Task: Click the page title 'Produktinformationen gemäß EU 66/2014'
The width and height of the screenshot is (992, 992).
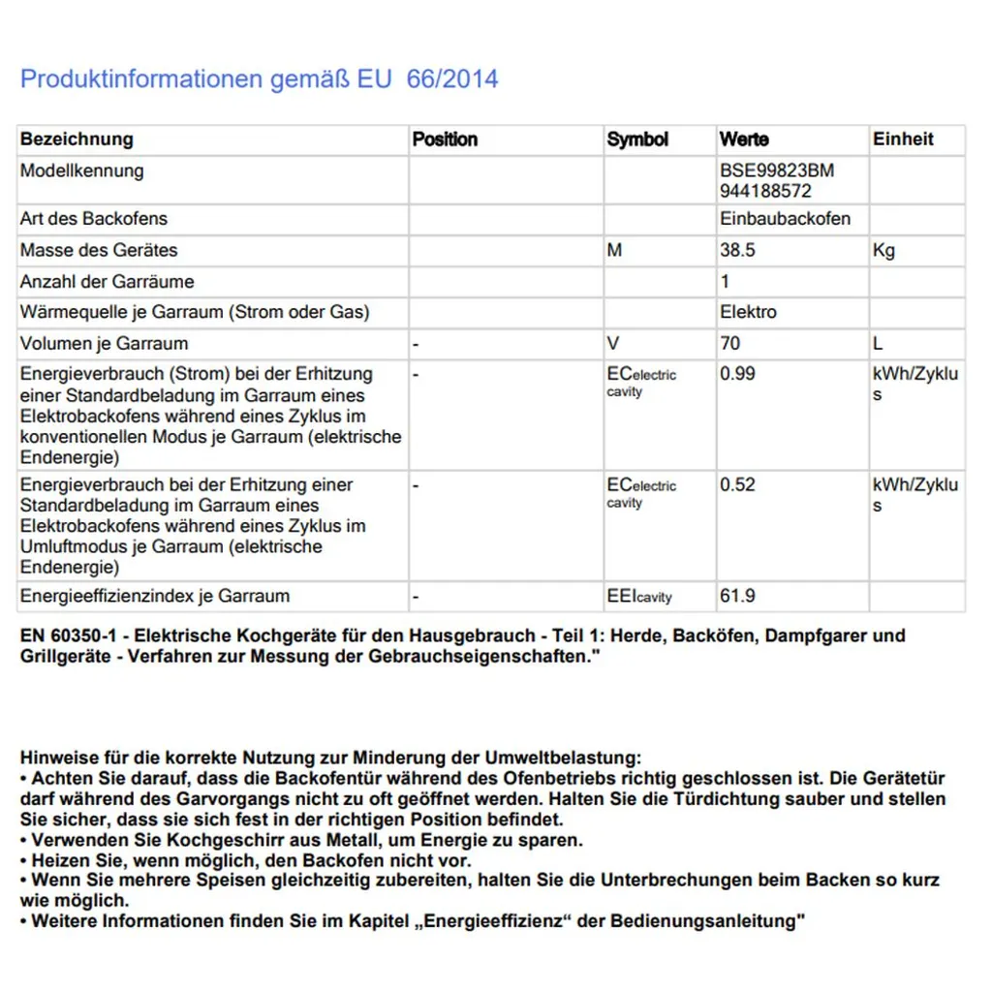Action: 260,78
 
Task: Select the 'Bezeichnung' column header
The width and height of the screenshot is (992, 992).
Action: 77,139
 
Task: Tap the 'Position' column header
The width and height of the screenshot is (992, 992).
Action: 445,139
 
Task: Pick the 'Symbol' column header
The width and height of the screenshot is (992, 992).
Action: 637,139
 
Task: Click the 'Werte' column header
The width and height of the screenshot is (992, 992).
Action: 744,139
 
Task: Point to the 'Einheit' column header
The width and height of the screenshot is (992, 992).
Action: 903,139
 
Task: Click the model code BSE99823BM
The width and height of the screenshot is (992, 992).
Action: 777,170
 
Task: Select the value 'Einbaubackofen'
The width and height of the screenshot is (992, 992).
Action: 785,219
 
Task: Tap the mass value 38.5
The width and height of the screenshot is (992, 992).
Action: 737,250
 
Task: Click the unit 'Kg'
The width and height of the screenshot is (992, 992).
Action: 883,250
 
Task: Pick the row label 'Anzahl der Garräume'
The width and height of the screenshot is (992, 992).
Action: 108,282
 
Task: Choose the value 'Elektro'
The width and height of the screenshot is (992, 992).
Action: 748,312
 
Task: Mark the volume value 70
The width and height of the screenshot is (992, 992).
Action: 729,343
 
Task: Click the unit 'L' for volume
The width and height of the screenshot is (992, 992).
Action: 878,343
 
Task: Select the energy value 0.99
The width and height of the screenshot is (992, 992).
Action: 737,374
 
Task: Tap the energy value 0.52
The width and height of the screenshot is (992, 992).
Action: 737,484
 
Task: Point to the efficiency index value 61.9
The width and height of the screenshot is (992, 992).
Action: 737,596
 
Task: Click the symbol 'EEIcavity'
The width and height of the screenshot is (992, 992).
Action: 639,597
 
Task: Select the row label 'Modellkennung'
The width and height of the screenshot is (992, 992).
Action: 82,170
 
